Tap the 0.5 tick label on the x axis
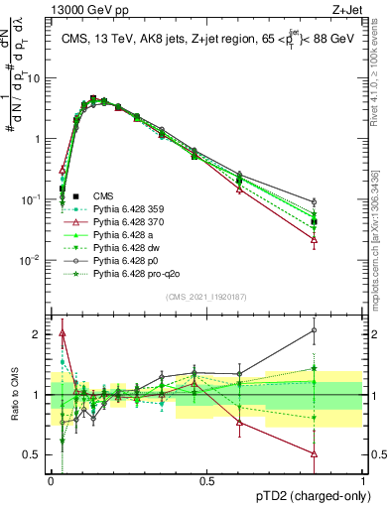[207, 480]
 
